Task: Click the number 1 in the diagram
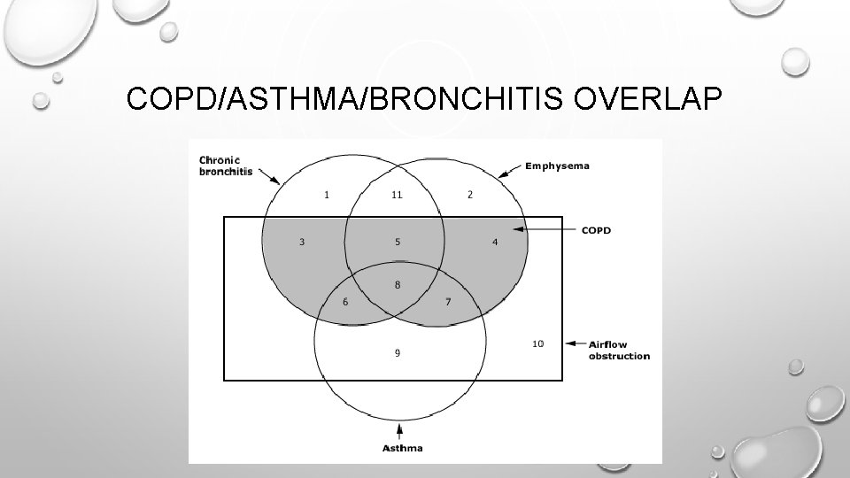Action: click(x=327, y=195)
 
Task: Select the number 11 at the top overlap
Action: click(x=397, y=195)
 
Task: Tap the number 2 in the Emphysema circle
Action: click(x=470, y=195)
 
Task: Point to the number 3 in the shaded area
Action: click(x=302, y=242)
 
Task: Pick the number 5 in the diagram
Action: click(x=398, y=242)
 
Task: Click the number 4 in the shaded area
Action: click(x=494, y=242)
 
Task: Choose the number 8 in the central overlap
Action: click(x=398, y=284)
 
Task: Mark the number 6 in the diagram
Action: click(x=345, y=303)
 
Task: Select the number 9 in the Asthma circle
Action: click(x=397, y=352)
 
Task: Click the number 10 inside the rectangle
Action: click(x=537, y=343)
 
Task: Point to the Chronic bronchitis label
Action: click(x=225, y=166)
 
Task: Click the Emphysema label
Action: click(x=557, y=165)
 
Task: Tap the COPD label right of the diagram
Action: click(x=596, y=230)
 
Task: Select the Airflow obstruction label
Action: click(x=619, y=350)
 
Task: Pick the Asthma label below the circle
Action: click(x=401, y=448)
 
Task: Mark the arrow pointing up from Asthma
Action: click(x=401, y=431)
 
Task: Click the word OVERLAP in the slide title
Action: click(x=648, y=100)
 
